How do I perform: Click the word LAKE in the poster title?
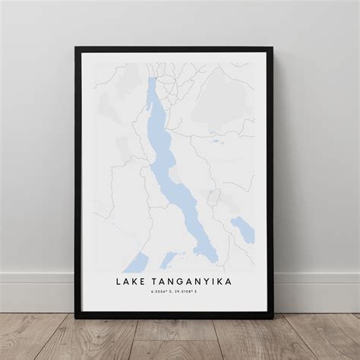pos(132,283)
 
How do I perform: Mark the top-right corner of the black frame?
pos(273,48)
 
